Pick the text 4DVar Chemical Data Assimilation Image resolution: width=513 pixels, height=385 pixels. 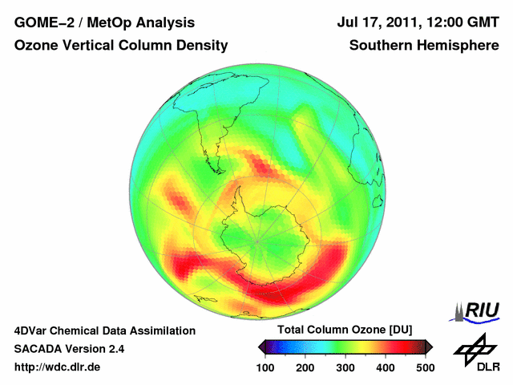[105, 330]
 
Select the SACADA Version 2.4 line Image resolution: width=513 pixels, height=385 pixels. [69, 349]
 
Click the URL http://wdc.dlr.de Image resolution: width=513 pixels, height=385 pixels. [58, 367]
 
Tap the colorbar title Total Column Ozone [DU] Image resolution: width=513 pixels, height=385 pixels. [345, 330]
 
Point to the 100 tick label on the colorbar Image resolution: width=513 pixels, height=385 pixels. [265, 367]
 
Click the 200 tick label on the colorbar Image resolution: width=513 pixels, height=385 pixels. [305, 367]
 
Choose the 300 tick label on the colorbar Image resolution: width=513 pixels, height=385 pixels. [345, 367]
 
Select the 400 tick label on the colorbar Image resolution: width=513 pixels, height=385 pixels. [385, 367]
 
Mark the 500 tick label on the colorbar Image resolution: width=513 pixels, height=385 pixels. [425, 367]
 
